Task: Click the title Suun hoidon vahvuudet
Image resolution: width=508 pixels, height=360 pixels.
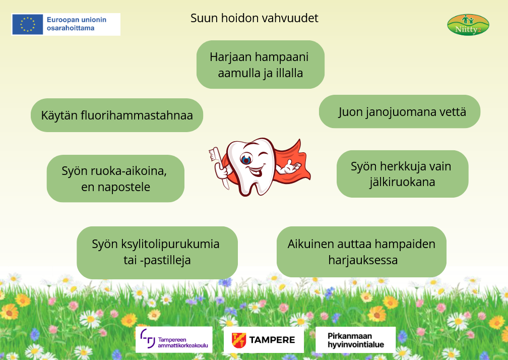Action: [x=255, y=18]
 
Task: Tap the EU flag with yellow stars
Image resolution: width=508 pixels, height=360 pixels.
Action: [x=28, y=24]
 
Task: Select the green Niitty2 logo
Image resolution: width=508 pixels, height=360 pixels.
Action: [x=468, y=25]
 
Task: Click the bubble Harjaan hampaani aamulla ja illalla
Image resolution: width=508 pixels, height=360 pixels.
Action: [x=261, y=65]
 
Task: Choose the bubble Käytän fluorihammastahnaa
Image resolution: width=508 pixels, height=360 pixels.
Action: [x=117, y=115]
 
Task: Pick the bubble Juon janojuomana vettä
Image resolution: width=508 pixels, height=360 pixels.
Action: [x=400, y=111]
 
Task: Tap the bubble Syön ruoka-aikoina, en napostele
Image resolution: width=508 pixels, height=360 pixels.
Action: [x=116, y=178]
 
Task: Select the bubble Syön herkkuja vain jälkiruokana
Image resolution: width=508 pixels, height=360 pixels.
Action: [x=402, y=174]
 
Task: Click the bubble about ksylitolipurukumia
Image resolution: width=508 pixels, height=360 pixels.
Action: [x=157, y=253]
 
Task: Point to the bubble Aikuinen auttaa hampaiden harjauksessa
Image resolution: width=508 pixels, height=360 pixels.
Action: [x=361, y=252]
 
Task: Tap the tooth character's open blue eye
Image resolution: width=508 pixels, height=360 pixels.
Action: [x=246, y=159]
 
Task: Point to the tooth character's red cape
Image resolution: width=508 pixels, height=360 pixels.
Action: [x=293, y=162]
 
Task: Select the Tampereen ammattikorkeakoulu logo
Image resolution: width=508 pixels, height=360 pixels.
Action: [x=174, y=340]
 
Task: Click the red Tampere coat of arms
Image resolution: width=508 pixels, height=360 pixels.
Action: [x=239, y=340]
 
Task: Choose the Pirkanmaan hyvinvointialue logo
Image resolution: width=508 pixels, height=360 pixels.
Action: [x=356, y=340]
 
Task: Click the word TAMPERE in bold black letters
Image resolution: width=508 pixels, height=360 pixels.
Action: [x=272, y=340]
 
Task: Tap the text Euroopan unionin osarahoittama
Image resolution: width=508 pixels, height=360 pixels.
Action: [x=77, y=24]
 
